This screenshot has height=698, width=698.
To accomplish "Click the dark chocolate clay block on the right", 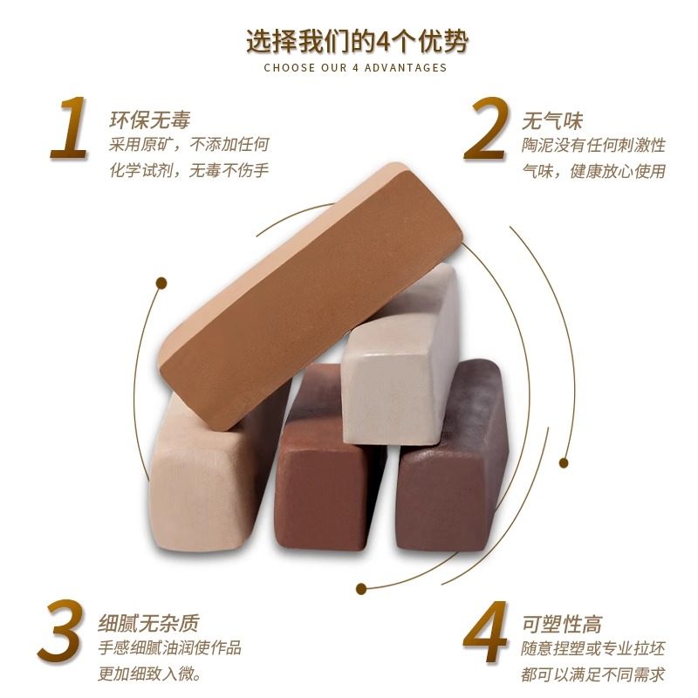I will coord(454,471).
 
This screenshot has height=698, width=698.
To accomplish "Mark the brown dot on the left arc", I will coord(161,282).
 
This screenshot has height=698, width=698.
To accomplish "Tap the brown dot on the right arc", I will coord(564,462).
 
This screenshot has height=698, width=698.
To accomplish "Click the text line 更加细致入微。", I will coord(154,674).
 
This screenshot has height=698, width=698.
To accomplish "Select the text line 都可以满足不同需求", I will coord(592,674).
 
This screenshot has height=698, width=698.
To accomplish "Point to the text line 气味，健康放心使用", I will coord(593,170).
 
